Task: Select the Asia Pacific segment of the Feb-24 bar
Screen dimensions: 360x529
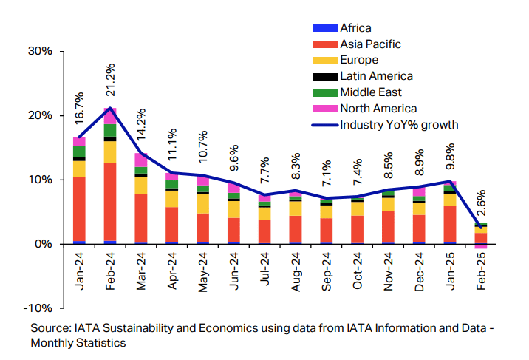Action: click(x=110, y=201)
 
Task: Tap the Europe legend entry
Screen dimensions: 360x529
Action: click(x=359, y=60)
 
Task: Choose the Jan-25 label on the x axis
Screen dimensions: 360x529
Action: click(x=449, y=270)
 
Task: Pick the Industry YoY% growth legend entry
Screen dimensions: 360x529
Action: click(x=399, y=125)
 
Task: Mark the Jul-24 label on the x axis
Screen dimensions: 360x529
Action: click(x=264, y=270)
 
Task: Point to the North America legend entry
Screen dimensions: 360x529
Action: click(x=378, y=109)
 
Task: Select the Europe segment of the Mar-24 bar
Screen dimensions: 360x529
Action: click(x=141, y=185)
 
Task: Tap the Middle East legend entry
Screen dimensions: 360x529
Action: click(x=371, y=92)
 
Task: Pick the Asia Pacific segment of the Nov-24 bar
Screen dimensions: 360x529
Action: click(x=388, y=227)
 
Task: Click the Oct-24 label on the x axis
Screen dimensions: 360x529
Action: click(x=357, y=270)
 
